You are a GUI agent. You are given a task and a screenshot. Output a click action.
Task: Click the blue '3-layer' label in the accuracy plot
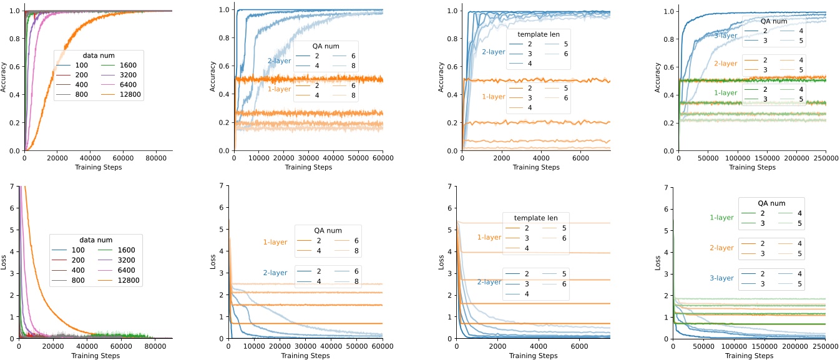726,36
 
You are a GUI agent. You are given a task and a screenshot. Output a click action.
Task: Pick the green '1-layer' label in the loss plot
721,218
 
